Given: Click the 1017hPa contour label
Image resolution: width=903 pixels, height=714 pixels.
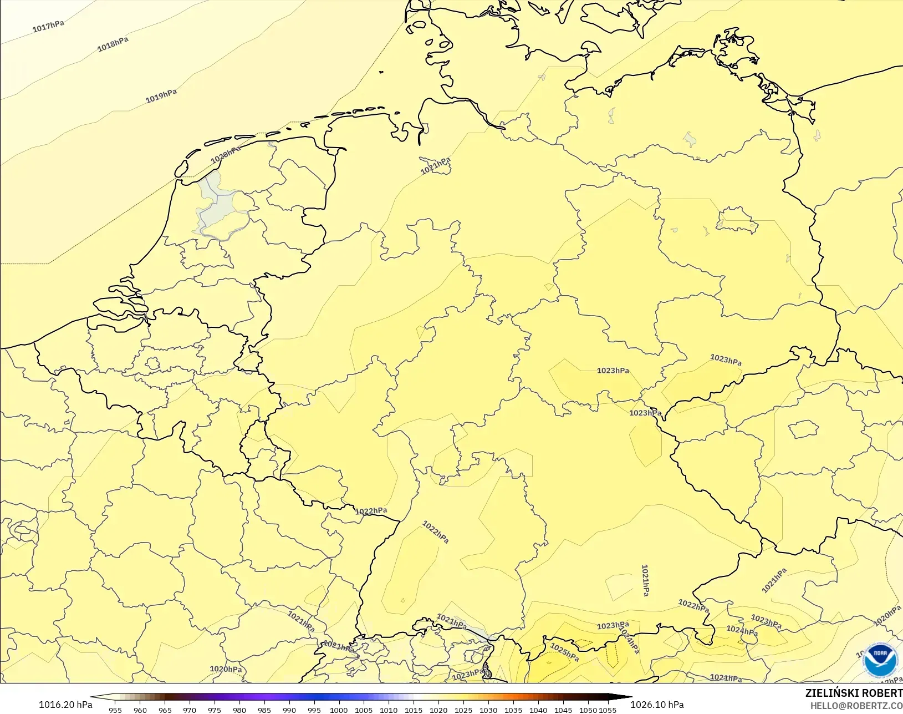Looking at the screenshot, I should [48, 26].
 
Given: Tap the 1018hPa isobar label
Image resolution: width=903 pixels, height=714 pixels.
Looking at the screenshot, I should [113, 44].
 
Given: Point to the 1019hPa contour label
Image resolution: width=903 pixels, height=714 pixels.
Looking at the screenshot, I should [161, 96].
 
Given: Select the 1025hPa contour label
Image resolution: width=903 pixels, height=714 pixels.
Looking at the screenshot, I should [564, 652].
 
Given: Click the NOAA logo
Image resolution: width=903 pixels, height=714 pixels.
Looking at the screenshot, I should [880, 659].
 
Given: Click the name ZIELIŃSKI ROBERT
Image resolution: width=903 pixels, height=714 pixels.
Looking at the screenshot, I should [854, 693].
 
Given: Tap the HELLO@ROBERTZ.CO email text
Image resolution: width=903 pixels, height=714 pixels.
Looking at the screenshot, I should [856, 706].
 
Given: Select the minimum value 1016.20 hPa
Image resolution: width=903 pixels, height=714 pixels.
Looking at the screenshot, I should [65, 705].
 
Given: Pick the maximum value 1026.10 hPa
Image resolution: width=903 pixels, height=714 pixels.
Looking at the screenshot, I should [657, 705].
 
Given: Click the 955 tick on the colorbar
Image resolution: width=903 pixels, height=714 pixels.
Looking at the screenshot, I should [115, 710].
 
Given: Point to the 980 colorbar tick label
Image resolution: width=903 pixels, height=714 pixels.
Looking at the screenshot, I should [239, 710].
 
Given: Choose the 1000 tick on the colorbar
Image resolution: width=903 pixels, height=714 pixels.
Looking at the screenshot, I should [339, 710].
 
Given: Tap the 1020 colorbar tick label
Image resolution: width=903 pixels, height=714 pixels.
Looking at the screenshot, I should [438, 710].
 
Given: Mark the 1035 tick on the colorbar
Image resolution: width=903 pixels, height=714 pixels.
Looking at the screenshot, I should [513, 710].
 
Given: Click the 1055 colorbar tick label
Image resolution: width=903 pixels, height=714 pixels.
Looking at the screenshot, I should [608, 710].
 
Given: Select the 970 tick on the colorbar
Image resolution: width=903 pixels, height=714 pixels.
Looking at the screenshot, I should [190, 710].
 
